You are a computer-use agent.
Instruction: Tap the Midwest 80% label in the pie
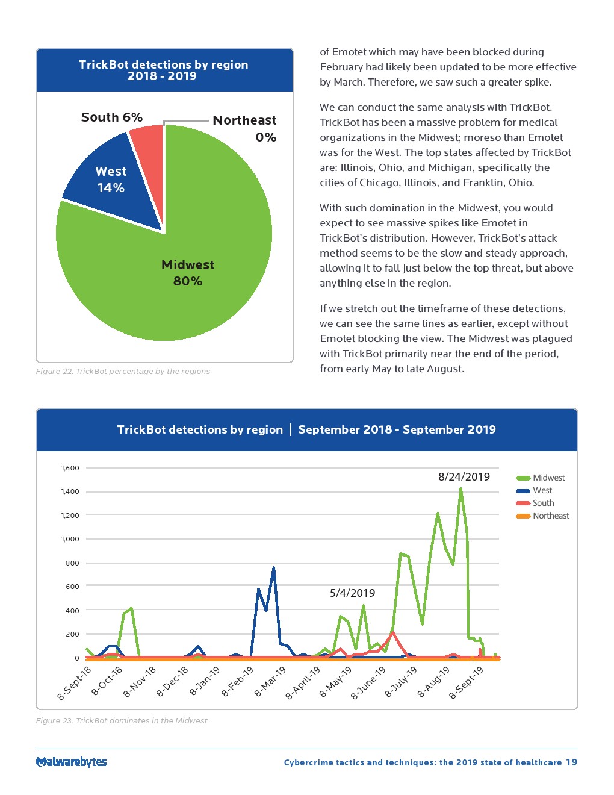(187, 273)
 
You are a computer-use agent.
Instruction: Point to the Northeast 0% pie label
(244, 128)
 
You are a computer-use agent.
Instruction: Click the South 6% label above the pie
(112, 117)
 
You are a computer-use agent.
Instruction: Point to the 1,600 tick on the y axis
(70, 468)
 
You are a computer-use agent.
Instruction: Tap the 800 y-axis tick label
(72, 563)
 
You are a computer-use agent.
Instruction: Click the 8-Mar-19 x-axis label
(270, 682)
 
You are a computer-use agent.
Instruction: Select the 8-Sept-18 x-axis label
(75, 683)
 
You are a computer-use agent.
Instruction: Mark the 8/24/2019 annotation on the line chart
(464, 477)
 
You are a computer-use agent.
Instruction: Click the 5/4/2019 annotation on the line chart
(352, 593)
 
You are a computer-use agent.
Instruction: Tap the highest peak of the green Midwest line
(460, 489)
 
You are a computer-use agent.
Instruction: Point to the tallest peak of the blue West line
(273, 567)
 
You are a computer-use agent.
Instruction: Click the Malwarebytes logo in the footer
(71, 762)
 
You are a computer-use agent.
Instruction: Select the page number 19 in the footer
(571, 762)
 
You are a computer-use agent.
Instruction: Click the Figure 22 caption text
(123, 371)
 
